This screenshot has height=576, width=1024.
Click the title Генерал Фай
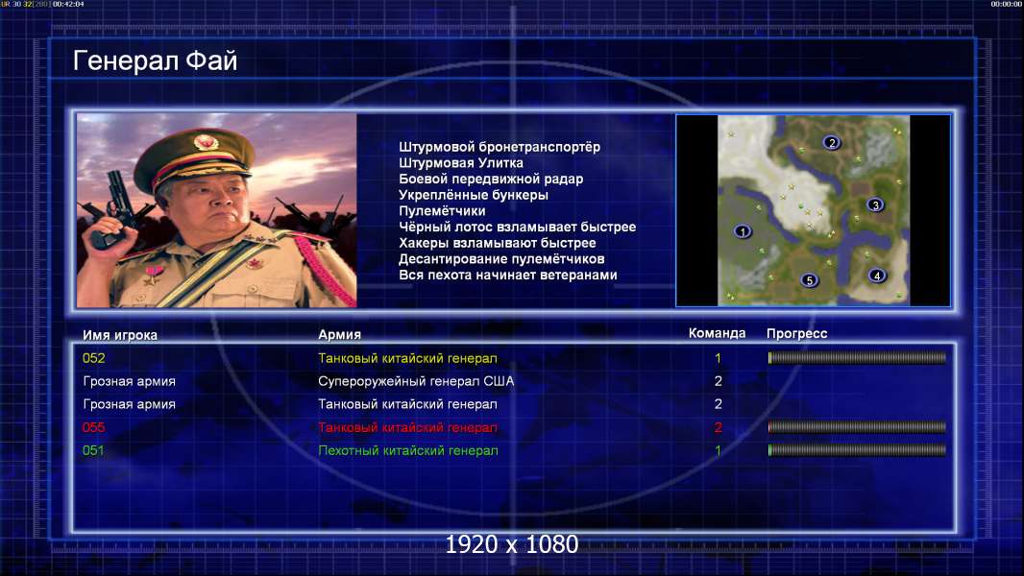[155, 60]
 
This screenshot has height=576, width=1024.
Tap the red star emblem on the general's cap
[205, 141]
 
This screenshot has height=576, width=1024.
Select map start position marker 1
[742, 231]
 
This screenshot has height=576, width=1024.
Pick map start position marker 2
[831, 142]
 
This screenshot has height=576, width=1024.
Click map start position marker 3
[876, 204]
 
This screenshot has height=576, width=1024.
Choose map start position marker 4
[877, 276]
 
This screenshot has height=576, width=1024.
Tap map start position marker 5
[809, 280]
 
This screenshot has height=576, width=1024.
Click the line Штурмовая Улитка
[461, 163]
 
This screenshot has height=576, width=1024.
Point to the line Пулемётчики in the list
[442, 210]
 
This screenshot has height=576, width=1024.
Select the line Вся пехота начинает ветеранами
[508, 275]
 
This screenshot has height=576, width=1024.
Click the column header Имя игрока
[120, 335]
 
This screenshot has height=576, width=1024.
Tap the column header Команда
[717, 333]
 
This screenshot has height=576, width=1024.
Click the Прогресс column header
[796, 334]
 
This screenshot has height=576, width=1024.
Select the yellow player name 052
[93, 358]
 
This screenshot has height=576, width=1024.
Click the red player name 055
[93, 427]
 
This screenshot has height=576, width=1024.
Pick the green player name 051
[93, 450]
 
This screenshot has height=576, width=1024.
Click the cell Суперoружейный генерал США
[416, 381]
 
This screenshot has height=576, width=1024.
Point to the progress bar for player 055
[857, 427]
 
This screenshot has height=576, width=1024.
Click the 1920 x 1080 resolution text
[512, 544]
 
